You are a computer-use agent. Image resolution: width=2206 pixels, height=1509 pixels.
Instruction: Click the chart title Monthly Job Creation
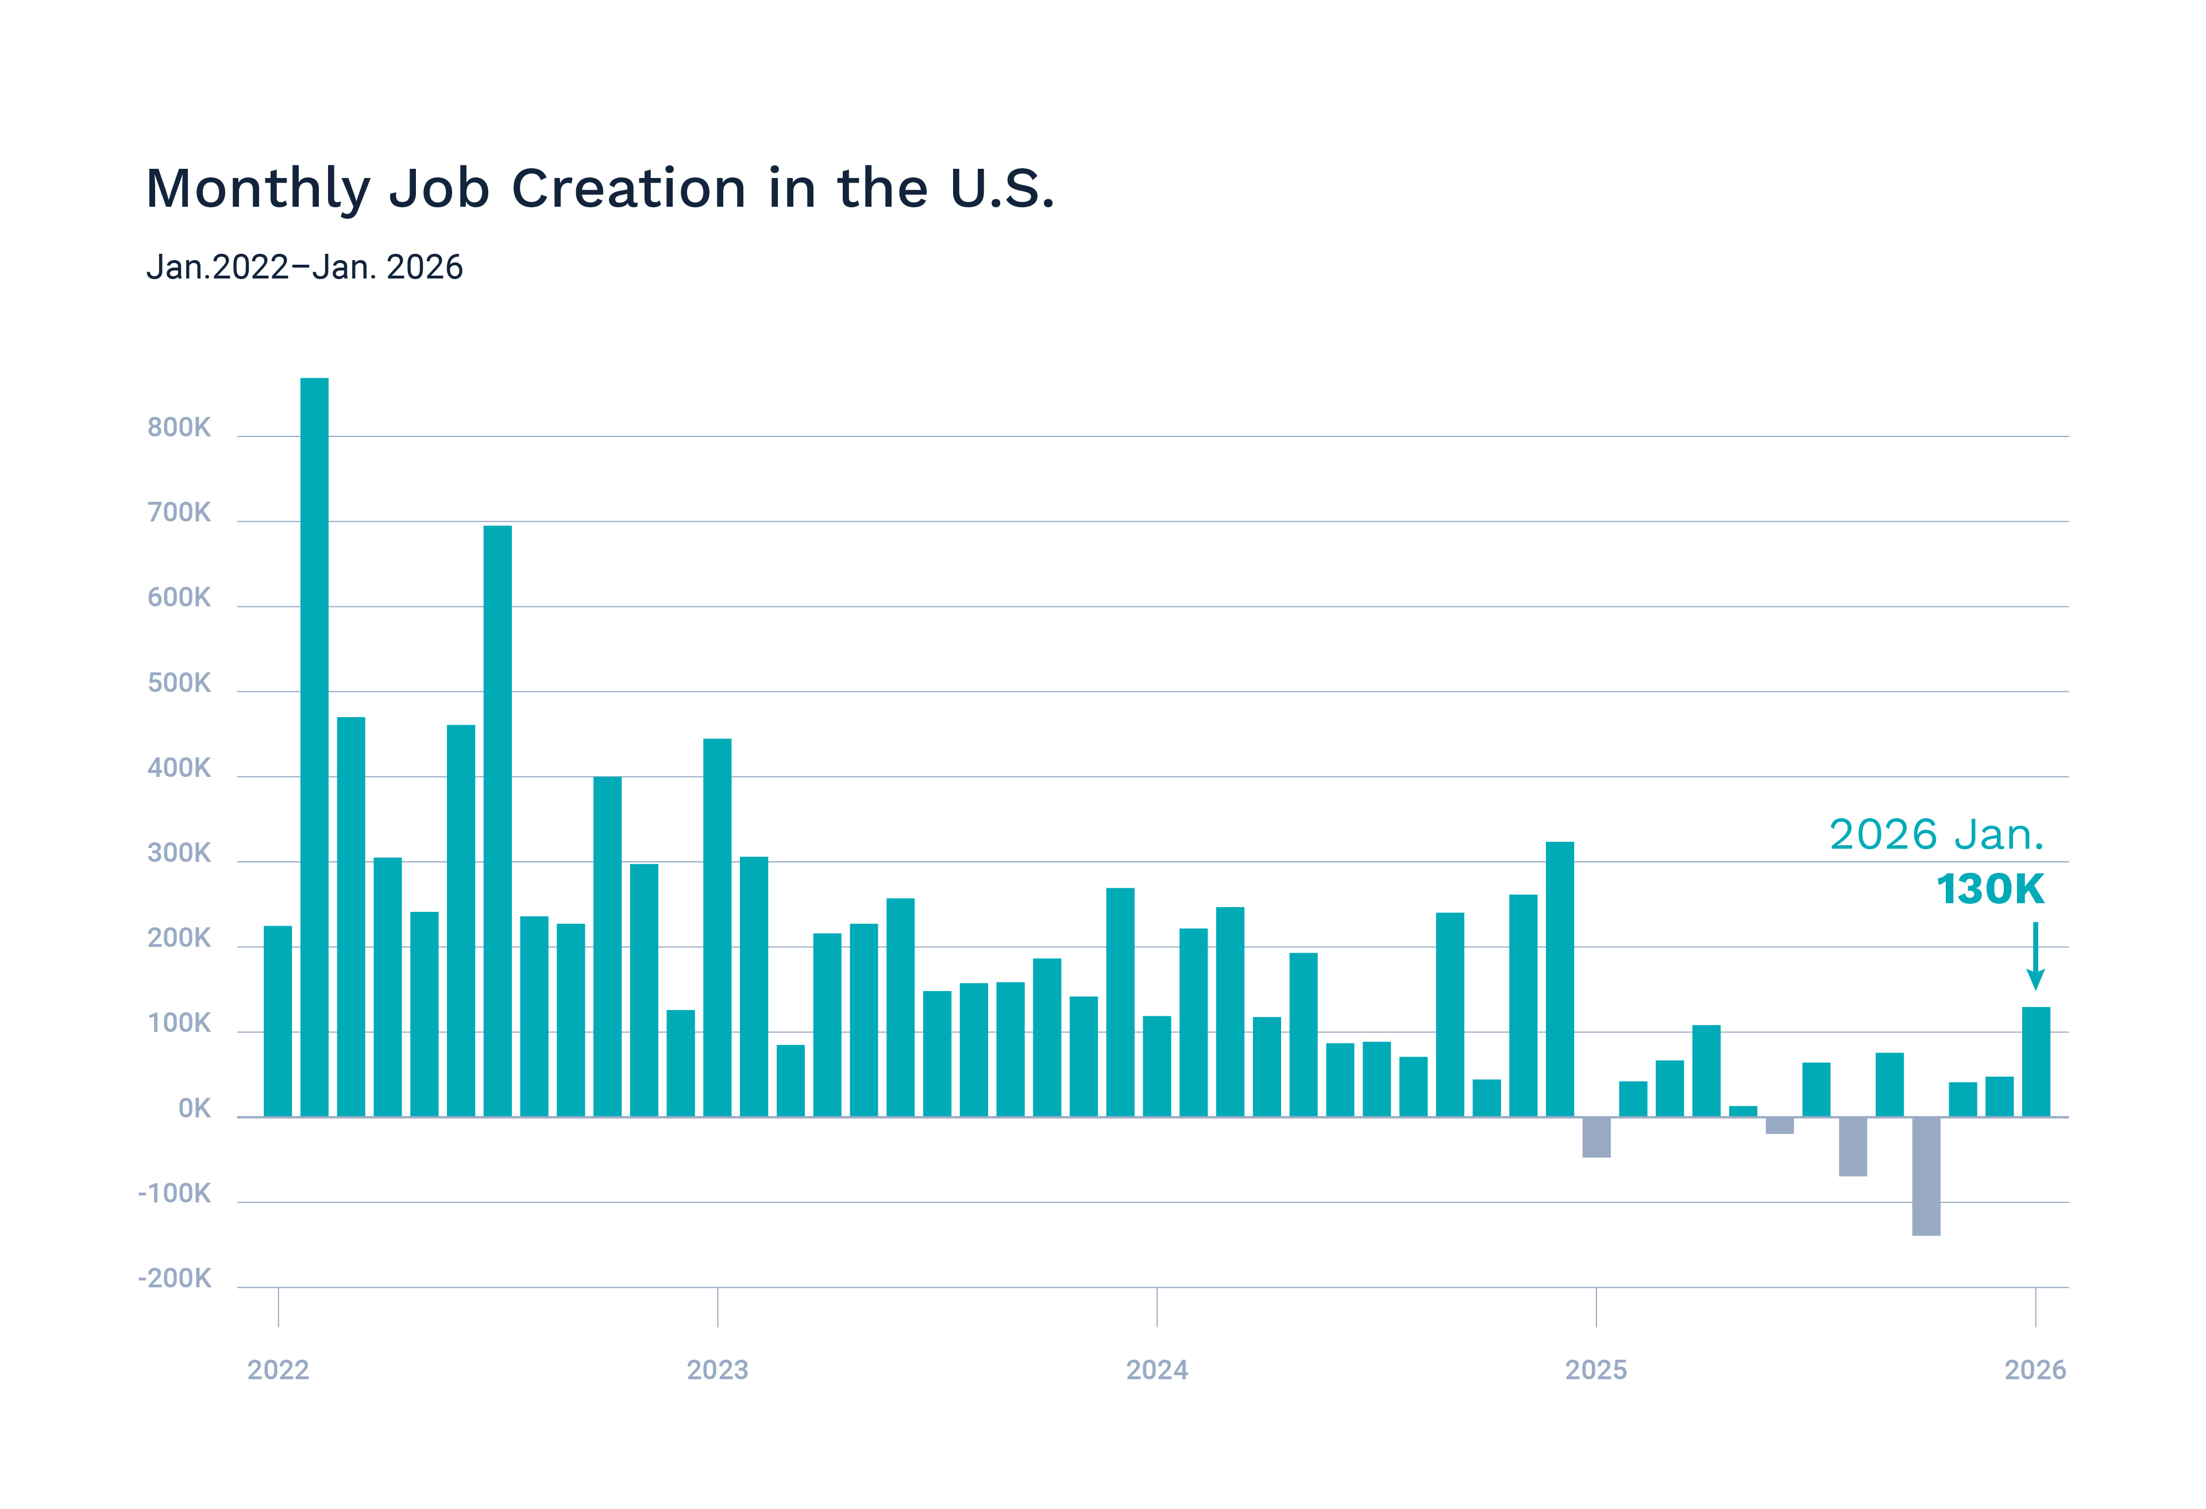599,188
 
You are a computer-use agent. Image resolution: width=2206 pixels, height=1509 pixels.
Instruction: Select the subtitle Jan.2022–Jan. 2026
304,268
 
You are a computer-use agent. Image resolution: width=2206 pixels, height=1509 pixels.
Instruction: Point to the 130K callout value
1989,889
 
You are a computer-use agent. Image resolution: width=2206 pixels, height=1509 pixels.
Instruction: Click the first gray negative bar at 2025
1596,1137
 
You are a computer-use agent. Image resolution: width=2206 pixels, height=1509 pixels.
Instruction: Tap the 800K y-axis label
179,428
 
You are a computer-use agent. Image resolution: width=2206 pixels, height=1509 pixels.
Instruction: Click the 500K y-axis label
179,683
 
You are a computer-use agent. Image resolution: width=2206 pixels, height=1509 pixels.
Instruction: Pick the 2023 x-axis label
718,1369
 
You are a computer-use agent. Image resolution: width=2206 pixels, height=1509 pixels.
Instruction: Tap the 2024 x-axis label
1156,1369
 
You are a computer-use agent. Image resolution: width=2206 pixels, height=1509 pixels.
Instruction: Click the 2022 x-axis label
278,1369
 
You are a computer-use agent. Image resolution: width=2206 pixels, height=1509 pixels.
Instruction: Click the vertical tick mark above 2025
1596,1307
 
